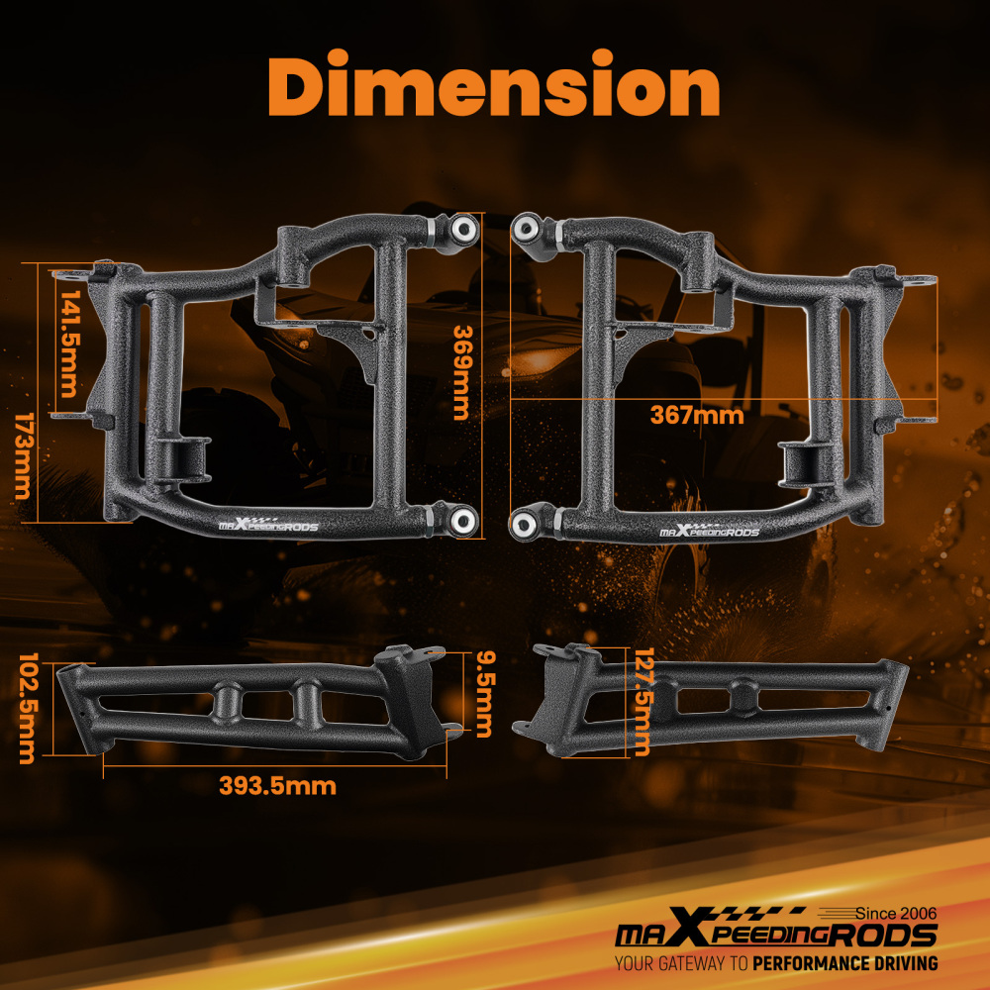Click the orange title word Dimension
click(x=494, y=89)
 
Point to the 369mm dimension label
click(x=460, y=372)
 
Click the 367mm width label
click(x=696, y=415)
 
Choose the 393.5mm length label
click(x=277, y=786)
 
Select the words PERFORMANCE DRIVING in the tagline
click(x=844, y=963)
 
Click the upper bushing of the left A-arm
click(x=462, y=229)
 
